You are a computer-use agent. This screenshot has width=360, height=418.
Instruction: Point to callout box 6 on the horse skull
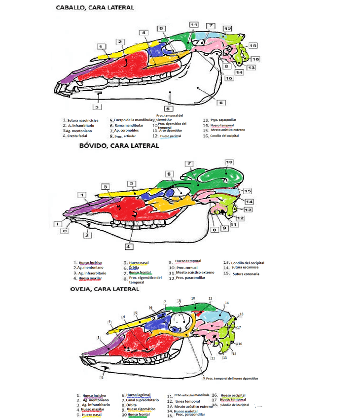pyautogui.click(x=221, y=103)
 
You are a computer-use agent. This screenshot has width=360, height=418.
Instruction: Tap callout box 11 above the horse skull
pyautogui.click(x=194, y=25)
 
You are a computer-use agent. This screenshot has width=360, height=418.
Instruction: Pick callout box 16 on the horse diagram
pyautogui.click(x=255, y=59)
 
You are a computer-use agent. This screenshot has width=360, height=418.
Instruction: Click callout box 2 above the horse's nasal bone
pyautogui.click(x=121, y=42)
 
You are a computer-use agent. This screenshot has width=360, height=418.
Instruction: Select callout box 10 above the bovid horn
pyautogui.click(x=229, y=162)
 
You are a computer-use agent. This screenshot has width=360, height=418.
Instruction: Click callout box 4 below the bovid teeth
pyautogui.click(x=128, y=245)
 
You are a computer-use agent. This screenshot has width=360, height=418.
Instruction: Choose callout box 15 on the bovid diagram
pyautogui.click(x=248, y=191)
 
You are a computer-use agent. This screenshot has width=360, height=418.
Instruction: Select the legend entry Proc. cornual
pyautogui.click(x=184, y=268)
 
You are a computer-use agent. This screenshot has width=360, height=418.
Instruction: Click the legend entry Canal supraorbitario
pyautogui.click(x=143, y=400)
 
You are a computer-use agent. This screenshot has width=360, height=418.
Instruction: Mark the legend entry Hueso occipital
pyautogui.click(x=233, y=395)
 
